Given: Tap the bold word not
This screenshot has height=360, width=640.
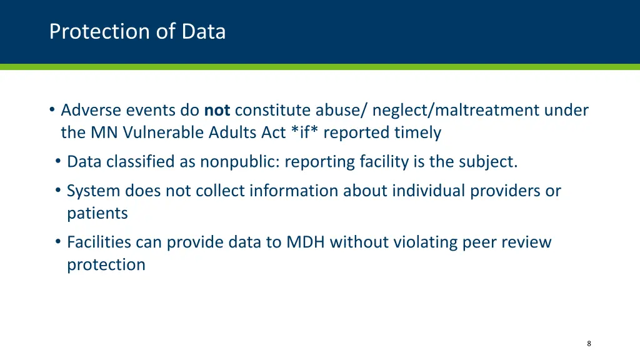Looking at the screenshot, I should tap(217, 111).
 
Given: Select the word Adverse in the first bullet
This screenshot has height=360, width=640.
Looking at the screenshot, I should tap(91, 111).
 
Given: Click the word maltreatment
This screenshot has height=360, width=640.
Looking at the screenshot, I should tap(486, 111).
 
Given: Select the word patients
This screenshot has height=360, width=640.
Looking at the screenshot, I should tap(97, 213).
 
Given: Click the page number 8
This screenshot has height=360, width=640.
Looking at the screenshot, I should tap(589, 344).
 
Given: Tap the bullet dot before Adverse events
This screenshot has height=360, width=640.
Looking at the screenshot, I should tap(52, 111).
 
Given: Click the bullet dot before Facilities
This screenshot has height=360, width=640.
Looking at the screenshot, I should tap(57, 242).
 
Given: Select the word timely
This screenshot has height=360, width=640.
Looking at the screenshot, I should tap(417, 133).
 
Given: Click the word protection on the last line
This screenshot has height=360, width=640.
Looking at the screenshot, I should tap(106, 264).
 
